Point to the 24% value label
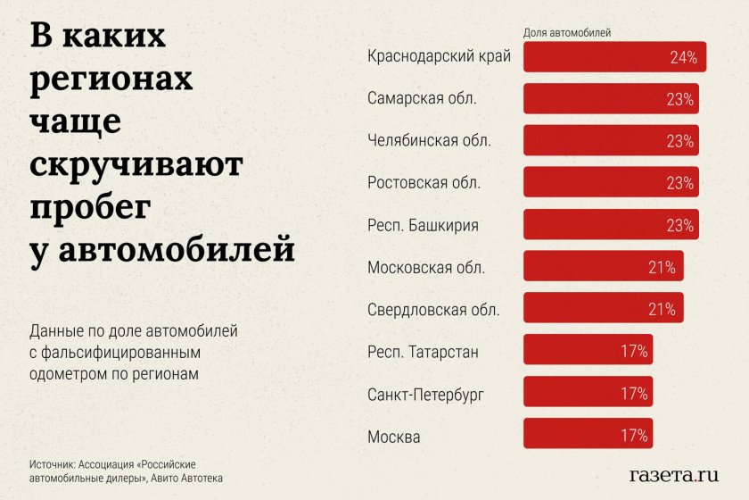click(x=683, y=58)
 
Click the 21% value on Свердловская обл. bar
click(x=662, y=309)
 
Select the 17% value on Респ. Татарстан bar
click(x=634, y=351)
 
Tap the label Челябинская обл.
click(x=429, y=141)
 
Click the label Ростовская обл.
click(x=424, y=183)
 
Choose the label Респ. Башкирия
click(x=423, y=225)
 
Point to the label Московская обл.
click(x=426, y=267)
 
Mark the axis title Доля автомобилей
click(x=566, y=33)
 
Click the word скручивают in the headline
click(x=136, y=164)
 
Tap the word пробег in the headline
click(x=89, y=205)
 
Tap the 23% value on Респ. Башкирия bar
click(x=679, y=225)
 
